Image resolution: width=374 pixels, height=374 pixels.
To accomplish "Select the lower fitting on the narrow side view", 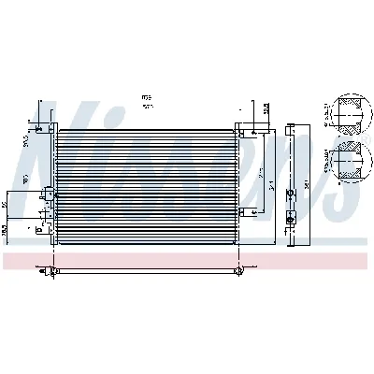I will coord(292,217).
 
